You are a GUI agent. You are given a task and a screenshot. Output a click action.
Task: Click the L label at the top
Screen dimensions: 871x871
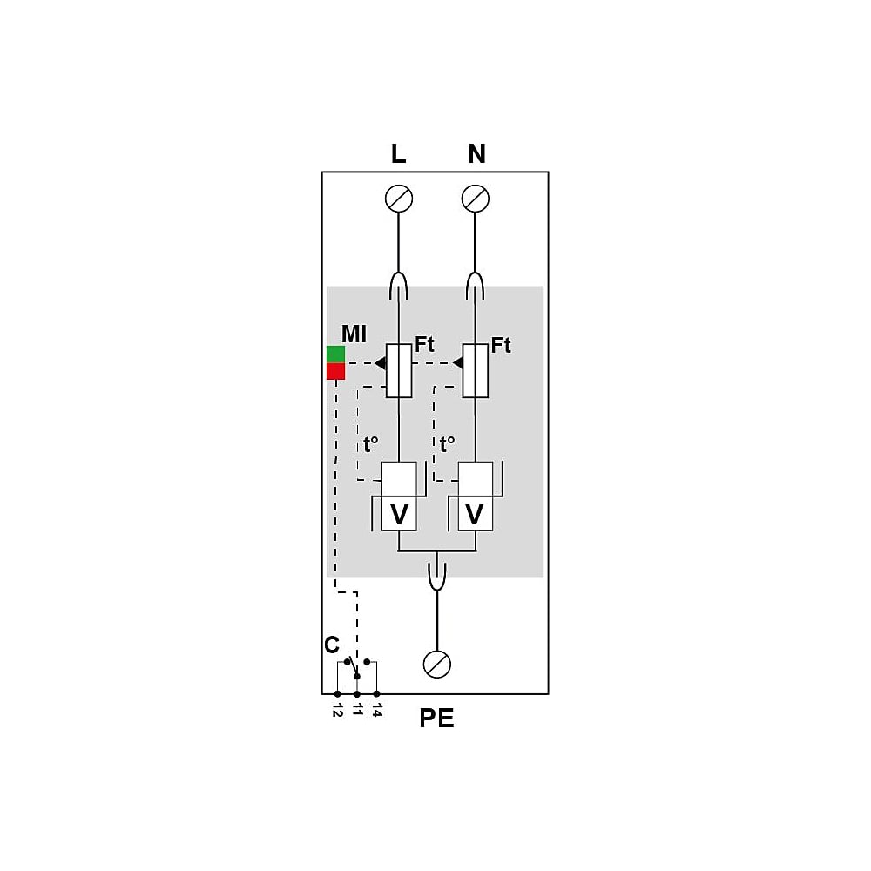[x=398, y=154]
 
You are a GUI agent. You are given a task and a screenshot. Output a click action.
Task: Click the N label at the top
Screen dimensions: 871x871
[x=476, y=154]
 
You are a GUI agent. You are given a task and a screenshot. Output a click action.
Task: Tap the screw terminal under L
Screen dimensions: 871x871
[x=399, y=199]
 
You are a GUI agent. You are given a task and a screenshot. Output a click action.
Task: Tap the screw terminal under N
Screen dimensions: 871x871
[x=476, y=199]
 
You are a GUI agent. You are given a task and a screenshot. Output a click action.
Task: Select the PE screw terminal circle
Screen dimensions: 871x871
[x=437, y=664]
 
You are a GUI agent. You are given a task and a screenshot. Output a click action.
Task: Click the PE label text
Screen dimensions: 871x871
[x=436, y=719]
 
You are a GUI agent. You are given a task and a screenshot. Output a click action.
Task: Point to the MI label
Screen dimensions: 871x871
[x=354, y=334]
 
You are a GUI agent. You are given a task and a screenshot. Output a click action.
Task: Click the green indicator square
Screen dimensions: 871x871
[x=335, y=354]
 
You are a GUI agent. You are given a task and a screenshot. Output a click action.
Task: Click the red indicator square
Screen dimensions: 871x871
[x=335, y=371]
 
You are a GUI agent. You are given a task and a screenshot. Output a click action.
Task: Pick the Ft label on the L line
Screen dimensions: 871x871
[x=424, y=344]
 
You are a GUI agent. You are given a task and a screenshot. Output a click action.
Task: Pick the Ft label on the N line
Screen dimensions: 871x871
[x=501, y=345]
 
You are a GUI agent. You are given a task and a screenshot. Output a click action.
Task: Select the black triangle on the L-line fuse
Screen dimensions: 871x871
[x=381, y=363]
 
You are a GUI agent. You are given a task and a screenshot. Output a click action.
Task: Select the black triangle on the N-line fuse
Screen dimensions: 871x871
[x=458, y=363]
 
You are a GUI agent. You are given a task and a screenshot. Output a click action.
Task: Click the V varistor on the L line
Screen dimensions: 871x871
[x=399, y=514]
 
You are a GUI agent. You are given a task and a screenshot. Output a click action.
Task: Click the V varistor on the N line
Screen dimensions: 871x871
[x=475, y=514]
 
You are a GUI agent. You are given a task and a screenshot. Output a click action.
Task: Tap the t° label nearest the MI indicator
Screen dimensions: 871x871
[x=370, y=444]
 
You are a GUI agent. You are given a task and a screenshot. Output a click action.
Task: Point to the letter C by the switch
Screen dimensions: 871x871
[x=332, y=645]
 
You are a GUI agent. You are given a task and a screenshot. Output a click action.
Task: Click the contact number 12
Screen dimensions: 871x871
[x=338, y=710]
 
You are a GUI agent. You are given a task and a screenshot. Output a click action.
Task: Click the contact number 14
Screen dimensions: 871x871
[x=377, y=710]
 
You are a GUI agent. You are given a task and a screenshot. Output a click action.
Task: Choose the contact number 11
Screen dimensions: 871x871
[x=358, y=709]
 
